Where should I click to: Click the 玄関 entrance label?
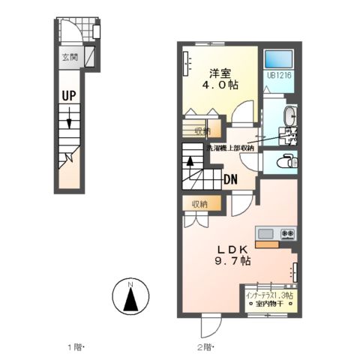click(70, 57)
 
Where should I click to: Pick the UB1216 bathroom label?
click(278, 76)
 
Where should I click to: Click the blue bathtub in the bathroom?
click(279, 58)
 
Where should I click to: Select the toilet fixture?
click(287, 161)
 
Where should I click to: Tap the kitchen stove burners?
click(286, 234)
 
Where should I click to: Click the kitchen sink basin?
click(267, 234)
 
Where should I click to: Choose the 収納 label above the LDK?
click(199, 203)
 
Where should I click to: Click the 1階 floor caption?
click(75, 347)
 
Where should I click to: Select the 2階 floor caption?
click(205, 347)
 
